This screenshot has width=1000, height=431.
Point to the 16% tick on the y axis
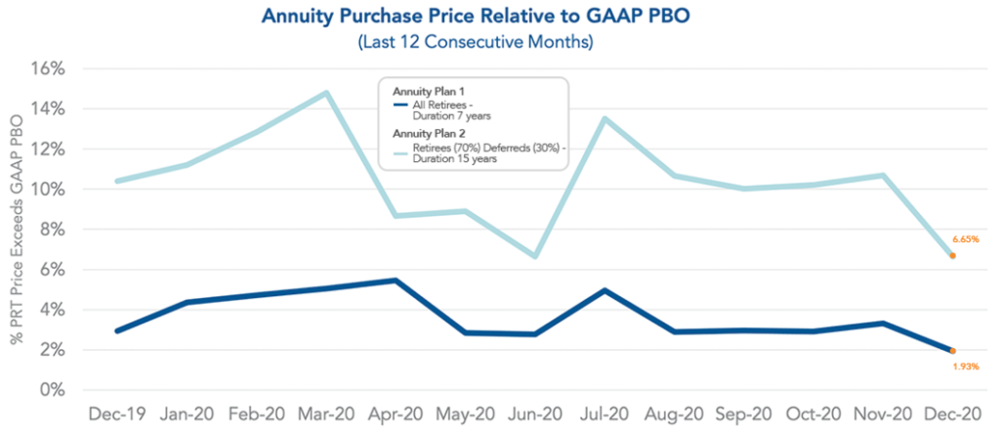pyautogui.click(x=47, y=69)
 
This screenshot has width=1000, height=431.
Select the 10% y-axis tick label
pyautogui.click(x=47, y=190)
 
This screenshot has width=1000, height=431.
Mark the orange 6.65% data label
pyautogui.click(x=965, y=238)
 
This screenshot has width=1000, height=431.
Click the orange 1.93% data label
pyautogui.click(x=965, y=367)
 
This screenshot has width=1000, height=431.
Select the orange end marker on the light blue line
pyautogui.click(x=952, y=256)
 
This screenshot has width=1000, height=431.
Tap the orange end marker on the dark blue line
pyautogui.click(x=952, y=351)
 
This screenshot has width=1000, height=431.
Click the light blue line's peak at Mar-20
pyautogui.click(x=325, y=93)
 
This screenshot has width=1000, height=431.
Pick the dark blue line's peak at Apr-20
pyautogui.click(x=395, y=280)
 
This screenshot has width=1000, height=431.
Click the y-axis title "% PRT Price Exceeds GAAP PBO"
pyautogui.click(x=17, y=231)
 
